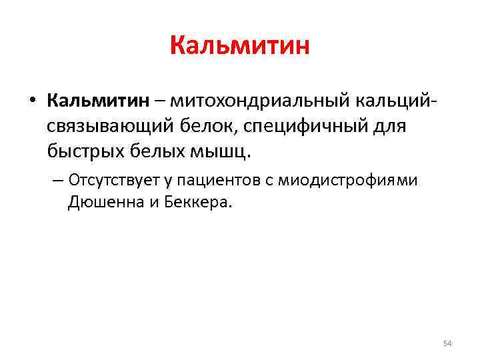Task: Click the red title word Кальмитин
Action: coord(240,46)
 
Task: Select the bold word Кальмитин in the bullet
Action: coord(99,101)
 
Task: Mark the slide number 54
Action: coord(447,343)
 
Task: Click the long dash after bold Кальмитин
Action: coord(160,101)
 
